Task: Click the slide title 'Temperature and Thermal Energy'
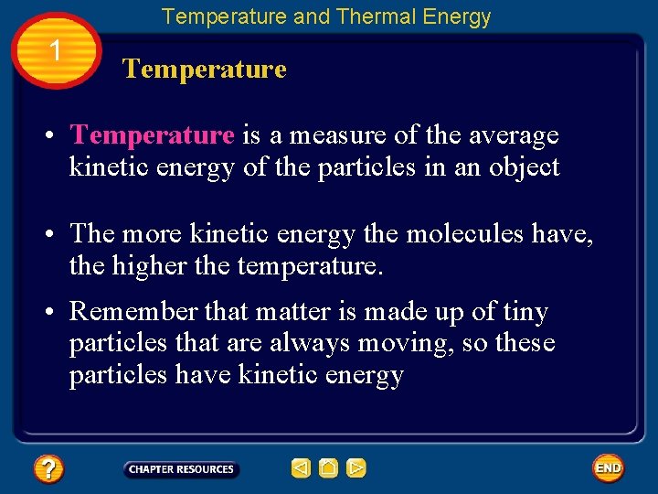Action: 326,16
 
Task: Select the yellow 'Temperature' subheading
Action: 205,70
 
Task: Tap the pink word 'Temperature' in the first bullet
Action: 153,135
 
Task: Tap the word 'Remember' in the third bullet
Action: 133,312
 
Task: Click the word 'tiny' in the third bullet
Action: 525,312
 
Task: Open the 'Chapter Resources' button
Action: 181,469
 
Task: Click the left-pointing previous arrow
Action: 301,468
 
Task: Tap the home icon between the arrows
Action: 329,468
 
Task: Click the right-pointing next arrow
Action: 356,468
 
